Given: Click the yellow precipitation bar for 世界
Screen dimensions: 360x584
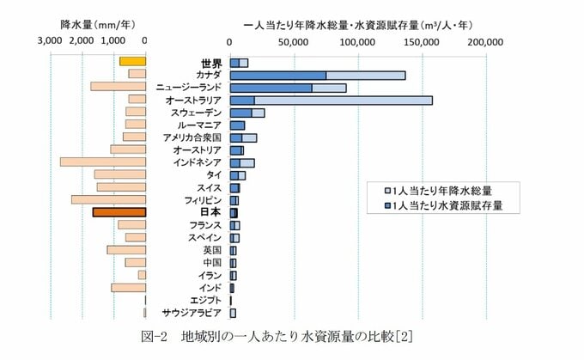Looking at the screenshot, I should [x=132, y=61].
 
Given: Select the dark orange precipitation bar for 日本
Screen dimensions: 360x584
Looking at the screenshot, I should [x=119, y=211].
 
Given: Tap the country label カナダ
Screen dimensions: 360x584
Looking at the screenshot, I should [x=209, y=75].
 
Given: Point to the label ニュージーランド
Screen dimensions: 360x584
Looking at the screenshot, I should [x=189, y=88].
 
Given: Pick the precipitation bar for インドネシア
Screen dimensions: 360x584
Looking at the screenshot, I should [x=103, y=162].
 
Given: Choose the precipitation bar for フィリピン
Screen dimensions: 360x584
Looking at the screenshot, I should [x=108, y=199].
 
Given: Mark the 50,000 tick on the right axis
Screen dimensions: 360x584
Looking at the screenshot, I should [x=294, y=40].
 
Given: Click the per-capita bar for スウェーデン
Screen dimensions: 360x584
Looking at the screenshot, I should [x=247, y=113].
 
